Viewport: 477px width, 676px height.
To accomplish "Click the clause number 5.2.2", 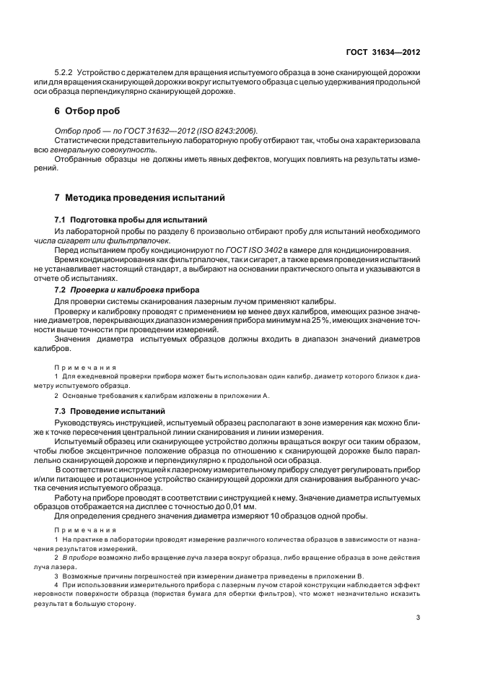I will pos(65,74).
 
